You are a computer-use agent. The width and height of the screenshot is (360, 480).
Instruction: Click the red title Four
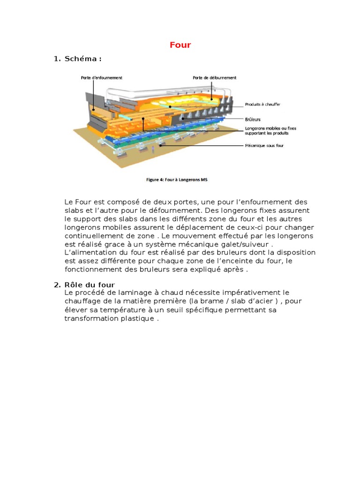point(180,45)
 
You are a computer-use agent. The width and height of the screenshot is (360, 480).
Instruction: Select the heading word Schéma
point(81,59)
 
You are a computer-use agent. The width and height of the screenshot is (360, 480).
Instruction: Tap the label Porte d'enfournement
point(101,78)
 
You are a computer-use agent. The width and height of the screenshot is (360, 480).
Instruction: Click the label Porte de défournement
point(214,78)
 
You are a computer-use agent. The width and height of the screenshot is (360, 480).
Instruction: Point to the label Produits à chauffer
point(262,105)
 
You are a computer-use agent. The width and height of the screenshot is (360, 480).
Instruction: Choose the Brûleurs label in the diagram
point(253,120)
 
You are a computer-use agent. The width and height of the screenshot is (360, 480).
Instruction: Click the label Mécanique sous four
point(264,146)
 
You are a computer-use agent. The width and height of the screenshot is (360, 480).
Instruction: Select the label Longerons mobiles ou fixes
point(270,128)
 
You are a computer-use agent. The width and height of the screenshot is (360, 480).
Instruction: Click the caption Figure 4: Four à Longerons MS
point(177,180)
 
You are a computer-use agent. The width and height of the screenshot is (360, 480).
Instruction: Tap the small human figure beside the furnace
point(153,150)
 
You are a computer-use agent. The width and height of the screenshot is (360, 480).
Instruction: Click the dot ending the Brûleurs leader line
point(183,119)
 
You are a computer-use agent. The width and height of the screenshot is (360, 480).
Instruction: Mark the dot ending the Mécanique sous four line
point(160,145)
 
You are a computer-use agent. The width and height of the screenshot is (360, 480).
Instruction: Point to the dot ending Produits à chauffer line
point(171,107)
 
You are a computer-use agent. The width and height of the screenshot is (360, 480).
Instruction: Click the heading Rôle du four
point(90,285)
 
